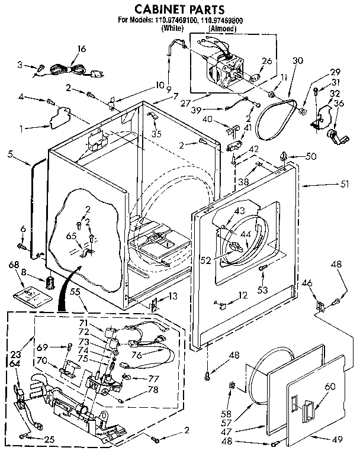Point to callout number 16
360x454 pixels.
[x=82, y=49]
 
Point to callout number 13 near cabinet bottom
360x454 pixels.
[x=173, y=296]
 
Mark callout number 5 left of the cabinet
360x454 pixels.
[x=10, y=155]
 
